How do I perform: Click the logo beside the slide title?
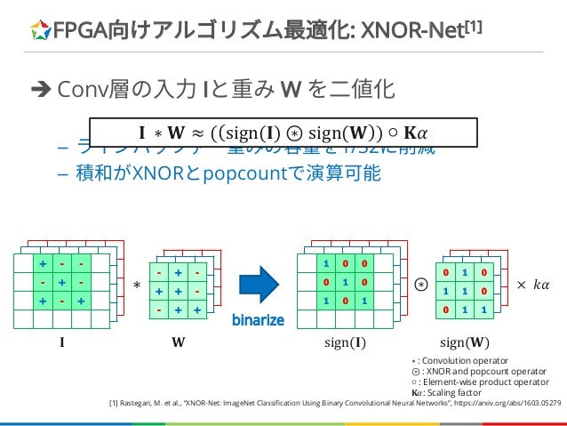tap(39, 33)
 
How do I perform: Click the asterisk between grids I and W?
tap(137, 286)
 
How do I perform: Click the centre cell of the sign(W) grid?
tap(460, 290)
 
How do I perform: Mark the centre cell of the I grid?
tap(62, 284)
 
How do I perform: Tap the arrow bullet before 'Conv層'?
tap(41, 89)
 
